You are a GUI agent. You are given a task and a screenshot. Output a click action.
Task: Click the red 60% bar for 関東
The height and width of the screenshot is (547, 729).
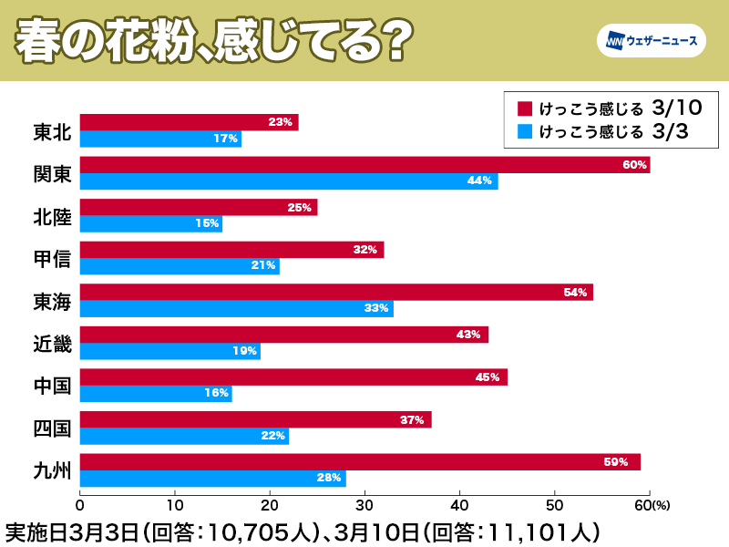364,165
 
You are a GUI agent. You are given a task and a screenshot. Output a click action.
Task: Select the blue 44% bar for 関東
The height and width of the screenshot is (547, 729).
289,181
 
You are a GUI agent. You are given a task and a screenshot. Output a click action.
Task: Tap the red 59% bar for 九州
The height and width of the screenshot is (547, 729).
360,462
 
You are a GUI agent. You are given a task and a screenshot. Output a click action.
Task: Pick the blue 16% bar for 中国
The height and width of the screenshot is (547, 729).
156,393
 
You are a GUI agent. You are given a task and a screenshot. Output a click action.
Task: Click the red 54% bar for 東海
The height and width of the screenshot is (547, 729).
336,292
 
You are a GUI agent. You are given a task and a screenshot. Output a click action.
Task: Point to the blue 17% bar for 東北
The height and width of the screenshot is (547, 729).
160,139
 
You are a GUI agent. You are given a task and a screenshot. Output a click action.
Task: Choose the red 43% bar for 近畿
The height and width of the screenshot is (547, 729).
284,335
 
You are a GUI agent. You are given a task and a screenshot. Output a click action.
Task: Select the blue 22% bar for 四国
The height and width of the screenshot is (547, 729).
184,436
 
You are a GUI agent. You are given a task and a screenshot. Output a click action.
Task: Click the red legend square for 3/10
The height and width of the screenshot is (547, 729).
524,108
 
